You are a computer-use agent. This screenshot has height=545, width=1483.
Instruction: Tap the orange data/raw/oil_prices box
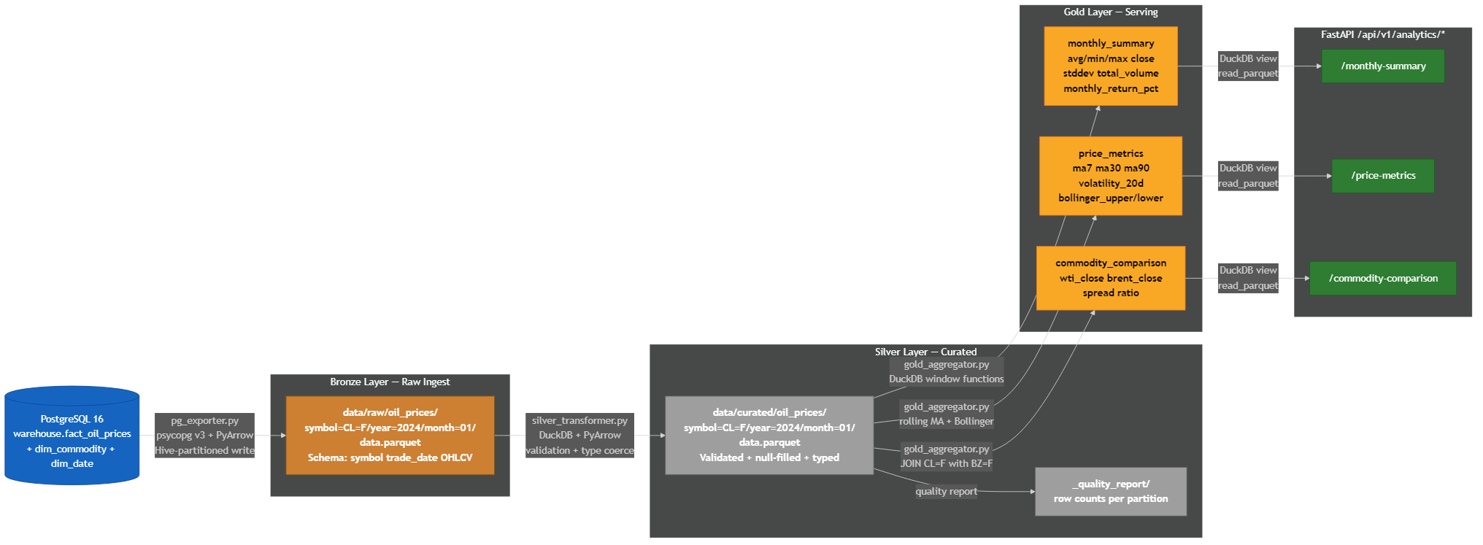tap(390, 435)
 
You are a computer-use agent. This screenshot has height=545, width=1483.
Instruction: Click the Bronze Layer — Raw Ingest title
tap(390, 382)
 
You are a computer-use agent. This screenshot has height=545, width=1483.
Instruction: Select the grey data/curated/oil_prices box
tap(769, 435)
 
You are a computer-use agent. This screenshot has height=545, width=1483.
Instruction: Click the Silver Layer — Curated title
tap(925, 352)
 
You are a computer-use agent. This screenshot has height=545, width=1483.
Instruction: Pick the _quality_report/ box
tap(1110, 491)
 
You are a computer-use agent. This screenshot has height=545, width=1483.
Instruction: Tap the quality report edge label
tap(946, 491)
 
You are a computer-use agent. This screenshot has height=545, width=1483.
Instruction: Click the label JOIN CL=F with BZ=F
tap(946, 463)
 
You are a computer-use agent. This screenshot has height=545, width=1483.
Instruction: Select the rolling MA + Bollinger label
tap(946, 421)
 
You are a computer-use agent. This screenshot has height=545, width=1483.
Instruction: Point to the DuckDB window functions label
tap(946, 379)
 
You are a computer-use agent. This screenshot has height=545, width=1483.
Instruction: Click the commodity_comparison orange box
tap(1110, 278)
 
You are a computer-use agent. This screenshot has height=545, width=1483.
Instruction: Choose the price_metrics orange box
tap(1110, 176)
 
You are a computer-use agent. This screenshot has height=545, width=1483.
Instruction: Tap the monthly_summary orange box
tap(1110, 66)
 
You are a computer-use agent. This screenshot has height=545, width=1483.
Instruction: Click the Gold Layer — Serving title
tap(1110, 12)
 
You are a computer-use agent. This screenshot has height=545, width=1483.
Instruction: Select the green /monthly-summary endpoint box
tap(1382, 66)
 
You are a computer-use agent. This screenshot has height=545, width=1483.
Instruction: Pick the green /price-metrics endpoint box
tap(1382, 176)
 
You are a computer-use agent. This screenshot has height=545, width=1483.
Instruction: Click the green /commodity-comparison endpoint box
tap(1382, 278)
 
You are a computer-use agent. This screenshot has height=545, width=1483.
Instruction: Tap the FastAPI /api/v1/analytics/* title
tap(1382, 34)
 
